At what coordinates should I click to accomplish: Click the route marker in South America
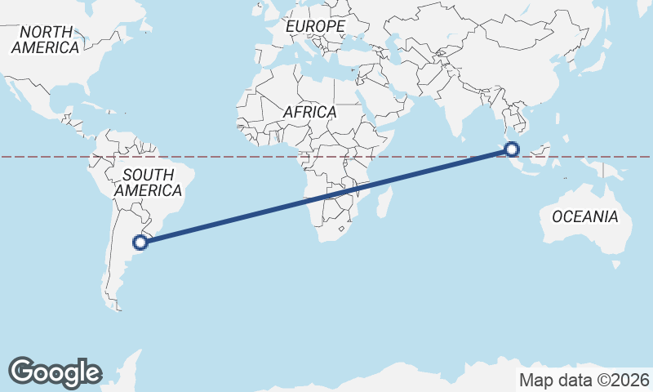140,242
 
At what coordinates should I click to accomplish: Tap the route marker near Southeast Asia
512,149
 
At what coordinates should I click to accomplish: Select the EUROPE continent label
315,27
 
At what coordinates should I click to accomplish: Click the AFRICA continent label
309,112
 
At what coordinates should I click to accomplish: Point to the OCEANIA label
585,216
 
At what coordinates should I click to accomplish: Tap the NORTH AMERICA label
45,39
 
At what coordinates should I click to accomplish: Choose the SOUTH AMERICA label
148,182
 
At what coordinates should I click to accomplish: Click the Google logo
54,372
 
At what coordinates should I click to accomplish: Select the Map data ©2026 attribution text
584,380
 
